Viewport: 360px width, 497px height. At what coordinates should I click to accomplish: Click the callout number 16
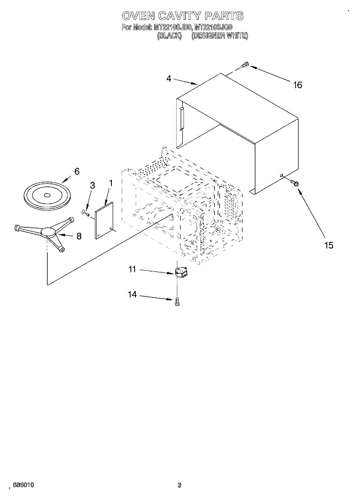click(297, 85)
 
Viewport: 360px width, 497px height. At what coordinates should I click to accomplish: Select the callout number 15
click(329, 245)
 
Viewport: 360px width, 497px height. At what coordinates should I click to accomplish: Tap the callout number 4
click(169, 79)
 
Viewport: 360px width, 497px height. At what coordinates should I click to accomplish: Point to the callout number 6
click(77, 171)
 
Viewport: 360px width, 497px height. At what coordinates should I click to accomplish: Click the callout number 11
click(132, 270)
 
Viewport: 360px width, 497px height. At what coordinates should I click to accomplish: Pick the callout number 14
click(132, 294)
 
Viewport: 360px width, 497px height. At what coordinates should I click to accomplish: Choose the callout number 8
click(78, 236)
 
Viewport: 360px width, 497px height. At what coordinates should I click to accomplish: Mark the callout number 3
click(92, 186)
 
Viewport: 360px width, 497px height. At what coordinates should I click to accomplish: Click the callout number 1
click(111, 182)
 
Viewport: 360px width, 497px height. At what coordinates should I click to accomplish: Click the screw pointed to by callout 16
click(244, 65)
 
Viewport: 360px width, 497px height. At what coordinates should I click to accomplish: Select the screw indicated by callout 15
click(295, 182)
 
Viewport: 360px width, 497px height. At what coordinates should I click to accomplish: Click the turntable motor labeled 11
click(180, 273)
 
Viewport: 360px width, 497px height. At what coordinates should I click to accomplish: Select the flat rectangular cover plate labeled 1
click(104, 220)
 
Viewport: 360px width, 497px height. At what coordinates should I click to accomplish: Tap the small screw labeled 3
click(86, 213)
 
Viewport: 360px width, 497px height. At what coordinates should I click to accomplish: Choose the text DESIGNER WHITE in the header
click(220, 36)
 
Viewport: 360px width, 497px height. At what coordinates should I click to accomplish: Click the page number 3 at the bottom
click(179, 485)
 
